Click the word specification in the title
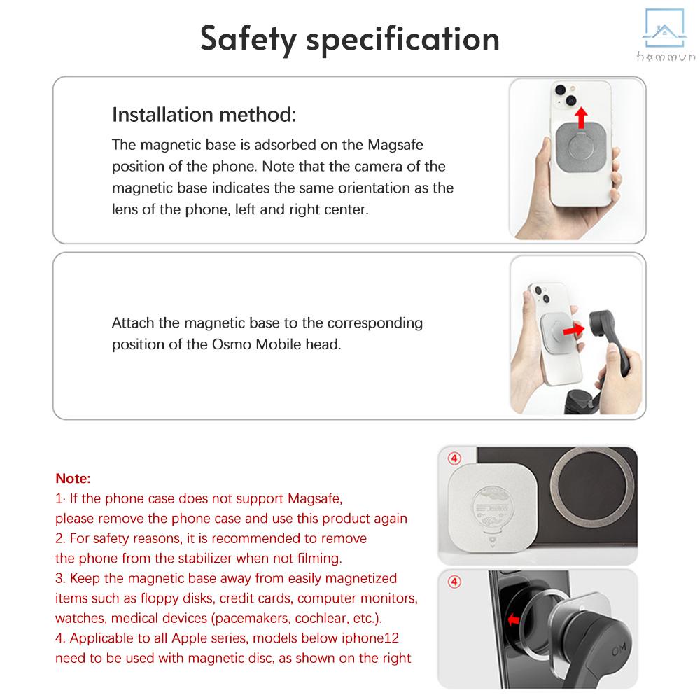point(407,39)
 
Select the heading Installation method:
point(204,115)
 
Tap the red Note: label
point(73,479)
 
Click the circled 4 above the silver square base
point(454,459)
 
